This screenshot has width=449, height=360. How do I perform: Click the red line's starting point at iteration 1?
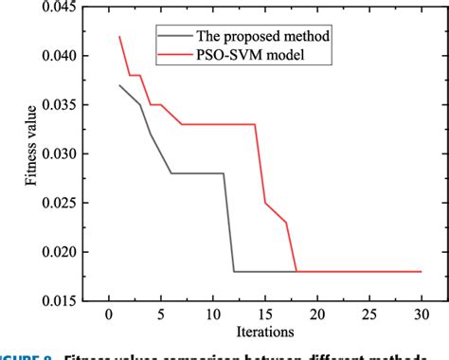(119, 37)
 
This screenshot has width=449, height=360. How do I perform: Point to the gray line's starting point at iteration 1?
(119, 85)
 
